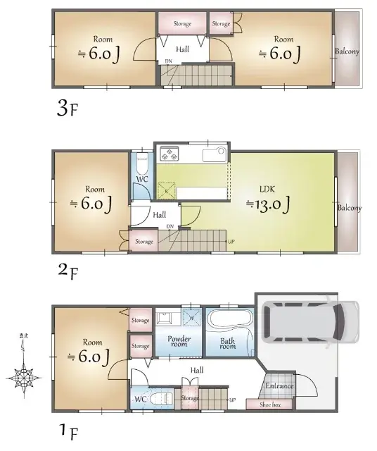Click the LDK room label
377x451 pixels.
(x=268, y=189)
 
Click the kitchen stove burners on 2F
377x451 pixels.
(x=171, y=153)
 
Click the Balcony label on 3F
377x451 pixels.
(x=347, y=51)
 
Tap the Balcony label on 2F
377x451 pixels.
(x=348, y=208)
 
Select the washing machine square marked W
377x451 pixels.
(x=191, y=316)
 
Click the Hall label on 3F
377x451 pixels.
(x=182, y=49)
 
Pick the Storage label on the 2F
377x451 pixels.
(x=144, y=242)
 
